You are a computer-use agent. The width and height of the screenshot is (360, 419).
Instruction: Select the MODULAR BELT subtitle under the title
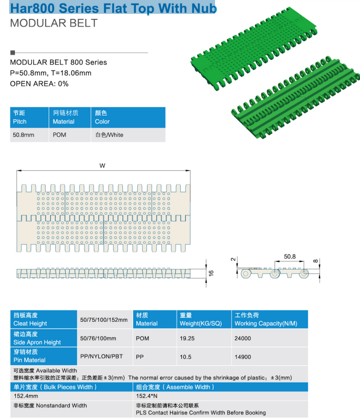pos(54,23)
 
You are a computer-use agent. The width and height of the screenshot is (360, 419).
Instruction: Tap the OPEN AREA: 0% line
pos(39,84)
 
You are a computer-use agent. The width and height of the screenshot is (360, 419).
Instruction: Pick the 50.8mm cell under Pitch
pos(24,135)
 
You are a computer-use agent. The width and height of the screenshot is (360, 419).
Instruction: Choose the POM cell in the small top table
pos(59,135)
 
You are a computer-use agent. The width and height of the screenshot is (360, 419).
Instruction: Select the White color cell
pos(110,135)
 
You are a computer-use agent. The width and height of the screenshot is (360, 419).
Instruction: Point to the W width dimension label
pos(102,166)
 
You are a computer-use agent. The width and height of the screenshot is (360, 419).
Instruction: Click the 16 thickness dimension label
pos(211,273)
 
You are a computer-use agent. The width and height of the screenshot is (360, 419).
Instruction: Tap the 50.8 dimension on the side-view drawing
pos(290,256)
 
